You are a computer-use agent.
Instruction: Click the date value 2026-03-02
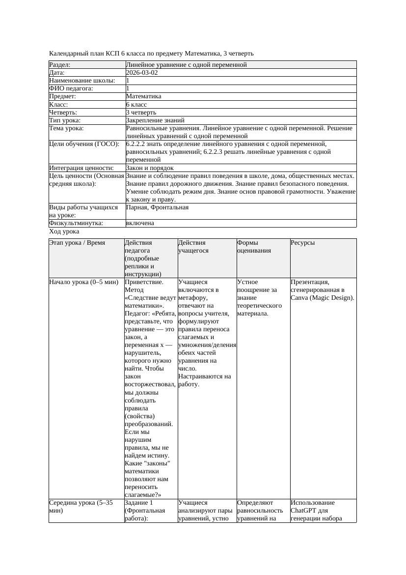142,73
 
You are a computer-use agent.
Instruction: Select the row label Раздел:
60,65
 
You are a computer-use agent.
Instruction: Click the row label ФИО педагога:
71,88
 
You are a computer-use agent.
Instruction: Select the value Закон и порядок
150,168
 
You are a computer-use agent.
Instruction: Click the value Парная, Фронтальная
157,208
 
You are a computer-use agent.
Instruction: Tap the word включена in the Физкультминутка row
140,223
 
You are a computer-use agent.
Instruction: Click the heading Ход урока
64,231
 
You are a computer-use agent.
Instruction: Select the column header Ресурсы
302,243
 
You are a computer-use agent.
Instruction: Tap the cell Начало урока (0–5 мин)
83,283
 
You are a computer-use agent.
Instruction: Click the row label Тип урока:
64,120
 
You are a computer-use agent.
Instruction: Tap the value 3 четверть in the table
141,113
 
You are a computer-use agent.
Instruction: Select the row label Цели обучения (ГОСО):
84,144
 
